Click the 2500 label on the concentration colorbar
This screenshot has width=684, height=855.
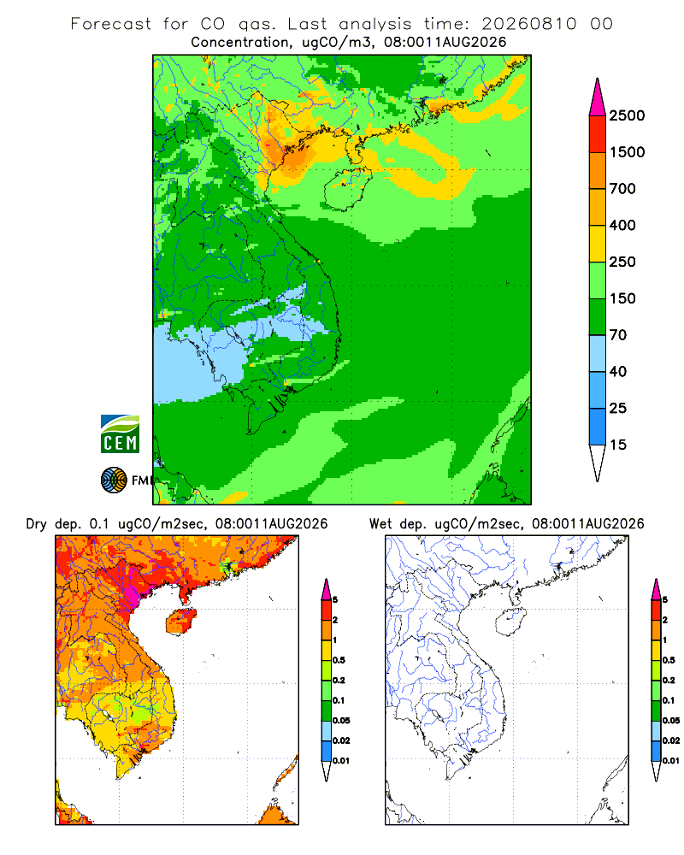(x=627, y=115)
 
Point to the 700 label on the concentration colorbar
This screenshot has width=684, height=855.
(x=622, y=189)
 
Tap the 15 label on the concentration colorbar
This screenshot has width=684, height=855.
(x=618, y=445)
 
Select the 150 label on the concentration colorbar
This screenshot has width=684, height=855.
(x=622, y=298)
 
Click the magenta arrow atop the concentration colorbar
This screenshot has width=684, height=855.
(x=598, y=99)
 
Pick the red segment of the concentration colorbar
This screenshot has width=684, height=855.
(x=598, y=134)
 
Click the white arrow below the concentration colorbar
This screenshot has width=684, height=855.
(x=598, y=463)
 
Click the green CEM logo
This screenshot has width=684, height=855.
(x=120, y=434)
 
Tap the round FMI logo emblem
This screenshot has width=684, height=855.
(x=114, y=481)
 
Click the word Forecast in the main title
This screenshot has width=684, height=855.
(x=111, y=24)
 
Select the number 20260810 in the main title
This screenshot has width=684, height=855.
(x=528, y=24)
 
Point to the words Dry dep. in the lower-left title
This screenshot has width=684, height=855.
(x=54, y=524)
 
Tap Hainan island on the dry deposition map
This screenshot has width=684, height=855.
(x=181, y=622)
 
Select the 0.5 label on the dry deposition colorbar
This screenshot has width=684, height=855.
(x=339, y=660)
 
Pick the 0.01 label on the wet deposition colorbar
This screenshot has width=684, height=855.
(x=671, y=761)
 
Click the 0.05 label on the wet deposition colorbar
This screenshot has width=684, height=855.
(x=671, y=720)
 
